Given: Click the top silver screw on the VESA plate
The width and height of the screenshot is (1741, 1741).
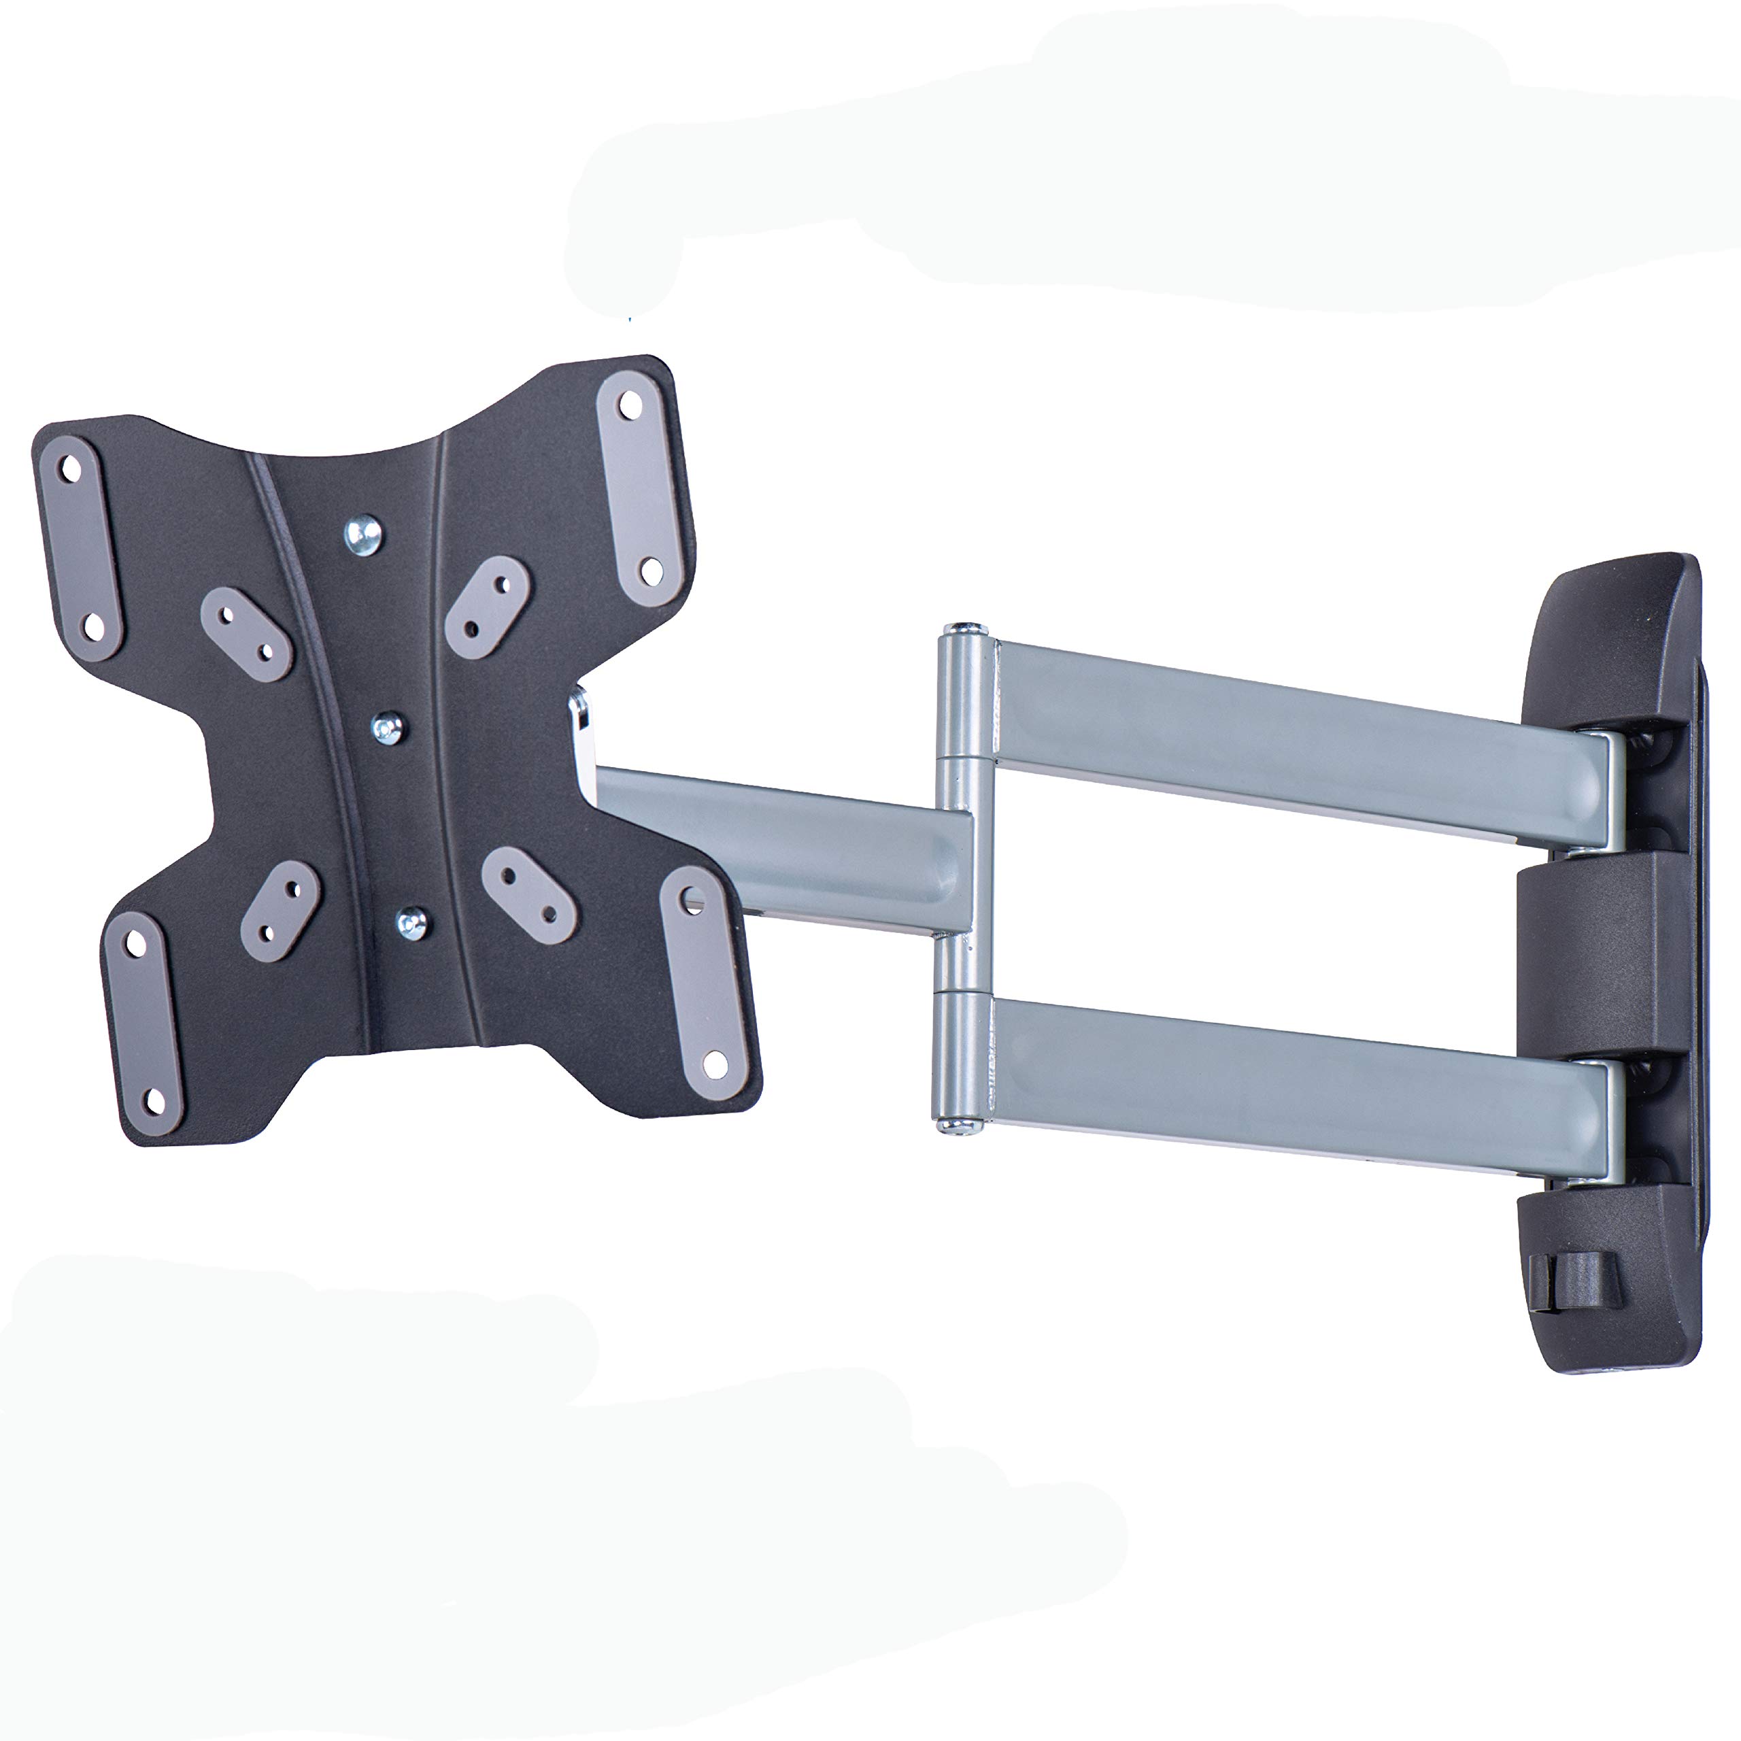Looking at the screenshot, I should pyautogui.click(x=363, y=535).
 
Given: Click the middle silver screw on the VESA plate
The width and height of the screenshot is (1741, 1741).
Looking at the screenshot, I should pyautogui.click(x=388, y=727).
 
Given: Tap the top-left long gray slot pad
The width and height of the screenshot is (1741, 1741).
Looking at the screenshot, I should pyautogui.click(x=81, y=548).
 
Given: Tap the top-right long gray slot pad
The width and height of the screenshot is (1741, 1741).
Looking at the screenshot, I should pyautogui.click(x=640, y=488).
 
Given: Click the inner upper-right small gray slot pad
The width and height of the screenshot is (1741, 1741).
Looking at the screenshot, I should pyautogui.click(x=488, y=607).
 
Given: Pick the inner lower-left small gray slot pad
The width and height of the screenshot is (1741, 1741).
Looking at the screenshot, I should pyautogui.click(x=280, y=910).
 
